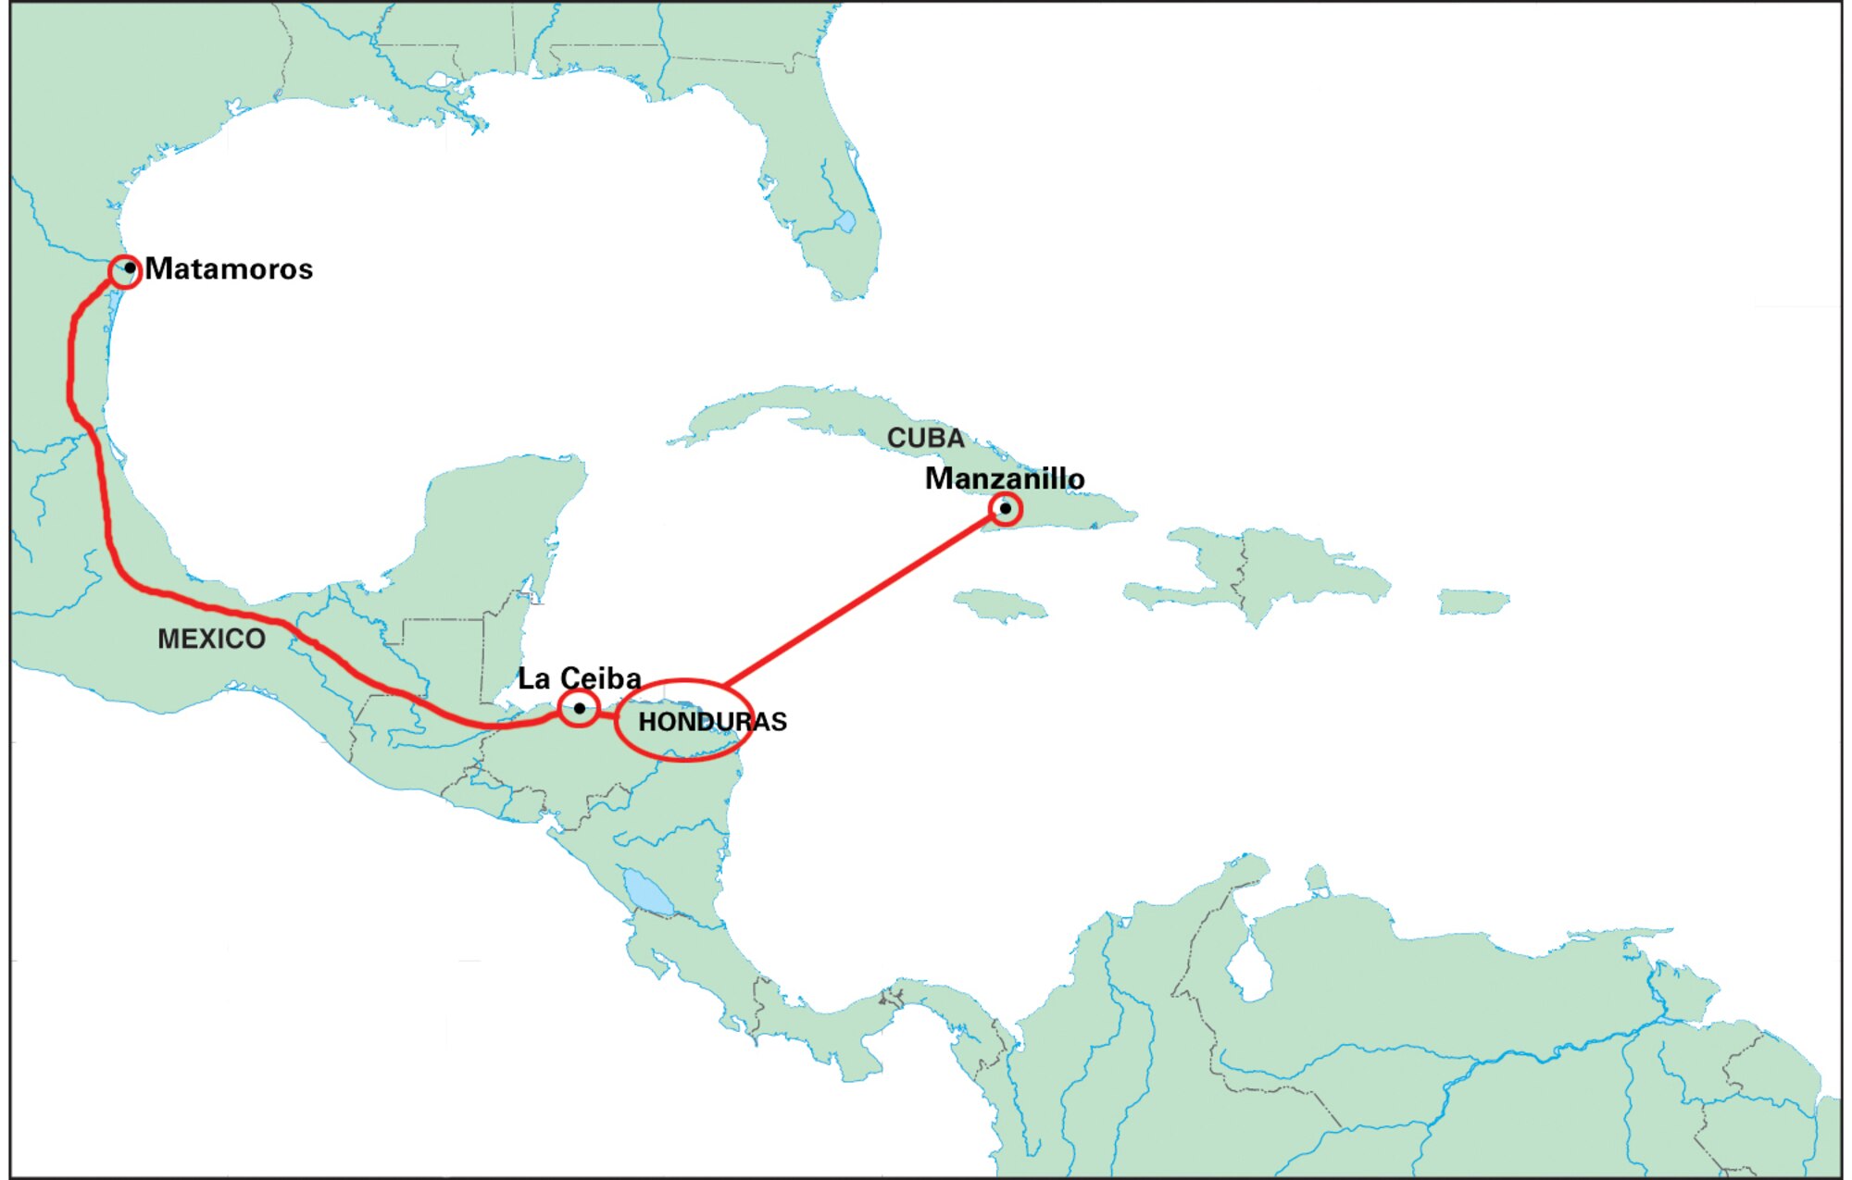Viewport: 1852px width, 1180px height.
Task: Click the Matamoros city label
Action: (229, 268)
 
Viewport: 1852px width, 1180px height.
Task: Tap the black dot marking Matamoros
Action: (130, 268)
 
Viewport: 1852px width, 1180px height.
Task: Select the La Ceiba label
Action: (579, 677)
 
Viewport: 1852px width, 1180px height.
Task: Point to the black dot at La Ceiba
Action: (580, 709)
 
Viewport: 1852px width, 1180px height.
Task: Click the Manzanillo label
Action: (1005, 478)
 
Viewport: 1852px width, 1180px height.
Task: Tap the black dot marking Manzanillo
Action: (1005, 508)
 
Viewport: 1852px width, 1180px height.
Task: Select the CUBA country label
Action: (925, 438)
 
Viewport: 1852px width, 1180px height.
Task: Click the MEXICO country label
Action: (211, 639)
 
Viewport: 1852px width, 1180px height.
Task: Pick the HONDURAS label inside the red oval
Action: (712, 722)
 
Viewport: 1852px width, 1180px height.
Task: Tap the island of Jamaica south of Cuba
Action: (1000, 604)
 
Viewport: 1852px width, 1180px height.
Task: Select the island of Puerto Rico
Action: (1472, 602)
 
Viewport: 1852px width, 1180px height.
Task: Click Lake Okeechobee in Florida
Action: (845, 222)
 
